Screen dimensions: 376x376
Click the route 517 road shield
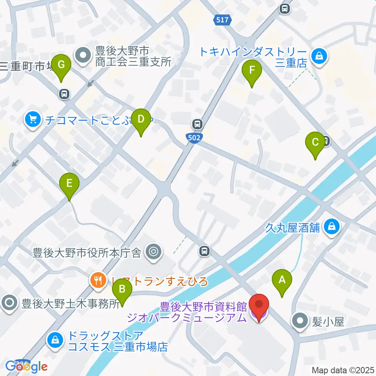222,20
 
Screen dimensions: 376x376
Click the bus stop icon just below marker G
64,94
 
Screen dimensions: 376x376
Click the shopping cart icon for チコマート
33,120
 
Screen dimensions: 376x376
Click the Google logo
27,366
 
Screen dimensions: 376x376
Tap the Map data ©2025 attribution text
343,370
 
